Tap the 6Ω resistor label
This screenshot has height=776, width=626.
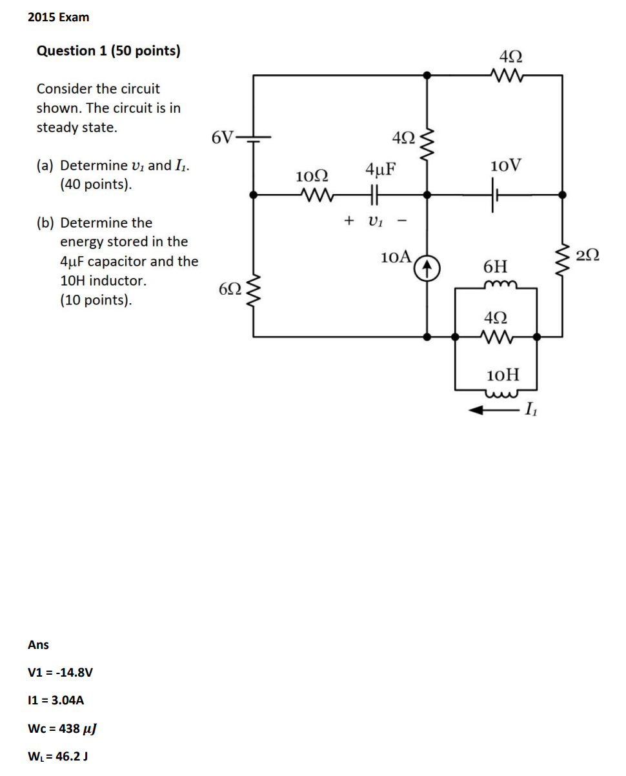coord(230,288)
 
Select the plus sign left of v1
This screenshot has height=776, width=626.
coord(349,221)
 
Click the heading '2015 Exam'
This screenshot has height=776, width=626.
coord(59,17)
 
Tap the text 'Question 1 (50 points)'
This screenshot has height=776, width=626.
coord(108,51)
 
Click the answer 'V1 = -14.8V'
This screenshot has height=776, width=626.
coord(61,672)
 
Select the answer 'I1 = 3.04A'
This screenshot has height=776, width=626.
coord(56,700)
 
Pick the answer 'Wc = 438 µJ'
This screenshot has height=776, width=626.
coord(63,728)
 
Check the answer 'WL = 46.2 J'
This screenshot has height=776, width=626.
coord(59,756)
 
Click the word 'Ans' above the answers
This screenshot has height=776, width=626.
coord(39,644)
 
